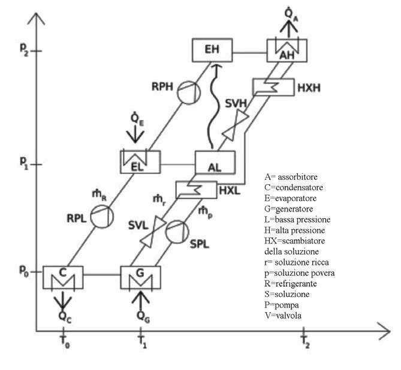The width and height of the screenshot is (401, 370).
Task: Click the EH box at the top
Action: coord(212,50)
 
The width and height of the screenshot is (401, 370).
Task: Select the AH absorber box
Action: coord(286,51)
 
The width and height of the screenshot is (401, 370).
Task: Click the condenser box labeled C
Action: coord(63,278)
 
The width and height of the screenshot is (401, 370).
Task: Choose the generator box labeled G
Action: coord(140,278)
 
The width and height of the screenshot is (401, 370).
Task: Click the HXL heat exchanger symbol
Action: coord(196,190)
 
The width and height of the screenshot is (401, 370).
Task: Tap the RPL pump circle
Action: coord(101,216)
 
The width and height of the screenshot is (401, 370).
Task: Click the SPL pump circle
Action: coord(178,232)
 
